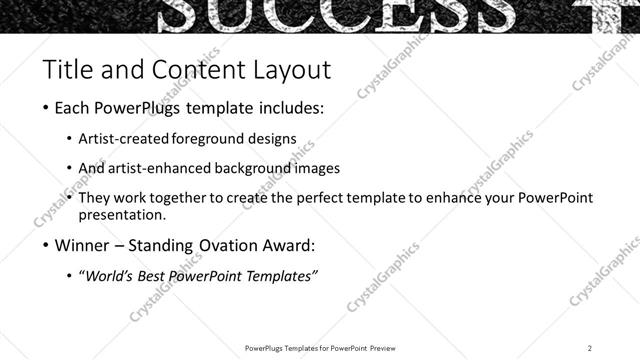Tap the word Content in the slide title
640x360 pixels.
[x=190, y=70]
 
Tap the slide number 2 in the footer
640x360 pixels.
[x=590, y=348]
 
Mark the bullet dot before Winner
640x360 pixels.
[x=47, y=246]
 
